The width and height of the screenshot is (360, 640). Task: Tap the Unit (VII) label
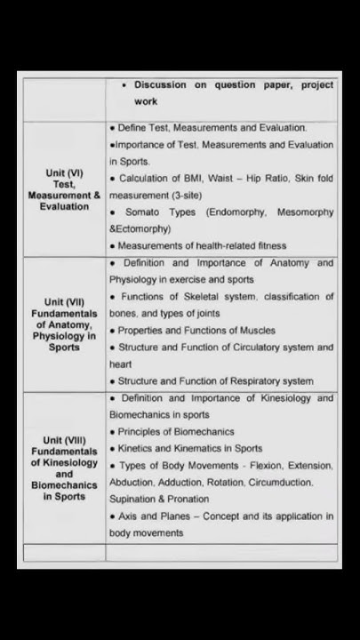pyautogui.click(x=64, y=302)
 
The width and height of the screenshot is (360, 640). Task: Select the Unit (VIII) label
pyautogui.click(x=64, y=440)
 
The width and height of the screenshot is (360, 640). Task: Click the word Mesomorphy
pyautogui.click(x=305, y=212)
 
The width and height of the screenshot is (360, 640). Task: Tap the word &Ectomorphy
pyautogui.click(x=140, y=229)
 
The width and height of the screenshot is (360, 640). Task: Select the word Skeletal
pyautogui.click(x=211, y=297)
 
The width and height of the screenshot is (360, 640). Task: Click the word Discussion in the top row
pyautogui.click(x=160, y=85)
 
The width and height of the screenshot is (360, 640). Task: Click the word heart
pyautogui.click(x=120, y=364)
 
